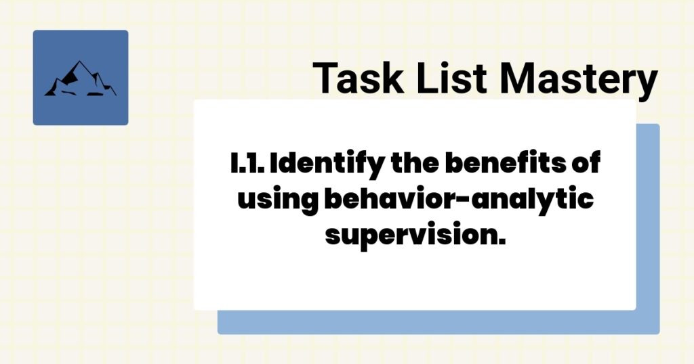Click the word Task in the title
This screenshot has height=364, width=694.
tap(353, 78)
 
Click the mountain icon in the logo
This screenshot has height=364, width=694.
tap(80, 79)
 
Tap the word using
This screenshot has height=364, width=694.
tap(276, 200)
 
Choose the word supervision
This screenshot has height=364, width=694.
tap(415, 235)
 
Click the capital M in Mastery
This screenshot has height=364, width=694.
tap(516, 78)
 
